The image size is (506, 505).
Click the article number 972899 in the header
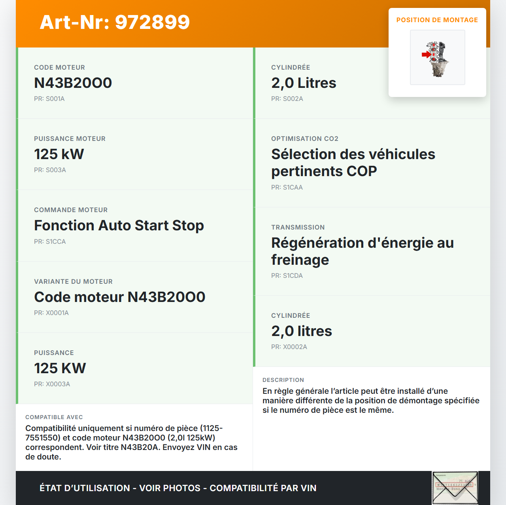tap(152, 22)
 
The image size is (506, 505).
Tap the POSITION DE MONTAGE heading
tap(437, 20)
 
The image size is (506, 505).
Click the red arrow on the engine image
tap(426, 55)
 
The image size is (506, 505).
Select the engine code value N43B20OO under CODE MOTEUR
tap(73, 83)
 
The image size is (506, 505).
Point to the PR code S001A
tap(49, 99)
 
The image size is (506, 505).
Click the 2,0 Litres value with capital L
tap(304, 83)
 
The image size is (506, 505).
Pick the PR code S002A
tap(287, 99)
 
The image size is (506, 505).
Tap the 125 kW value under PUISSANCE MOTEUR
tap(59, 154)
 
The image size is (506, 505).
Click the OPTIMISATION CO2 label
tap(304, 139)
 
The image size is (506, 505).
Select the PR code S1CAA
tap(287, 188)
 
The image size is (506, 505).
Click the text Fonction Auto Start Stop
tap(119, 226)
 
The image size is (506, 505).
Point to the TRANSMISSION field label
tap(298, 228)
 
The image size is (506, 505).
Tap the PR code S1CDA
tap(287, 276)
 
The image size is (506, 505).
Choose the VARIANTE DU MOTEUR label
tap(73, 282)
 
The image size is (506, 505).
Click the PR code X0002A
tap(289, 347)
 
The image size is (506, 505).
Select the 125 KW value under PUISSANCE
tap(60, 368)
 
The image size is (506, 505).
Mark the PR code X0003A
tap(52, 384)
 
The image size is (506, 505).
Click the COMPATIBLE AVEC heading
tap(54, 417)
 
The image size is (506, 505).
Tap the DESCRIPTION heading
tap(283, 380)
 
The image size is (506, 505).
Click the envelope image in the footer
tap(455, 488)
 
